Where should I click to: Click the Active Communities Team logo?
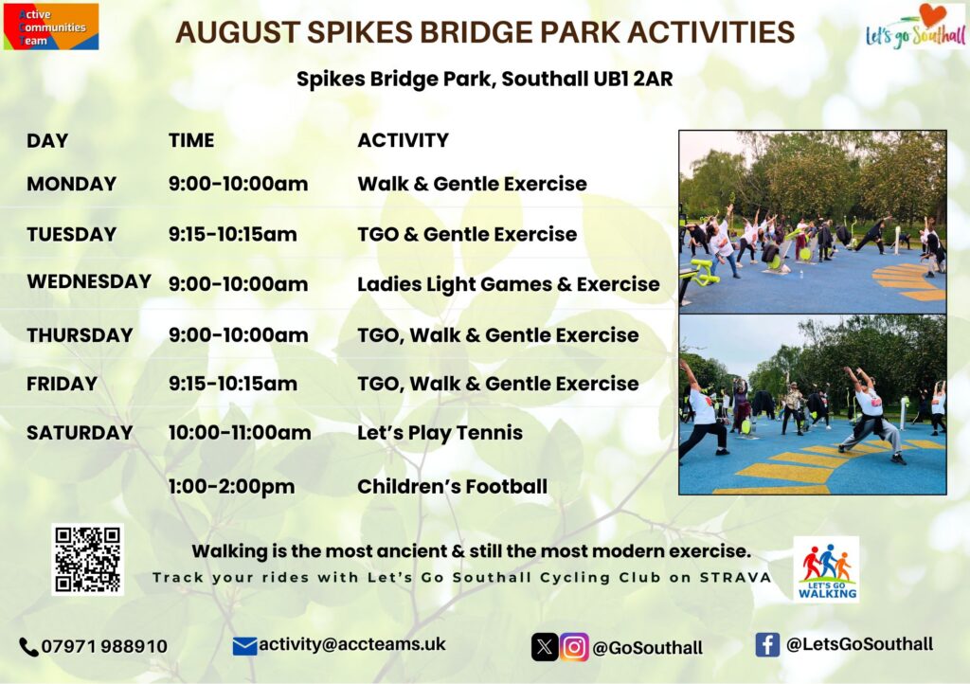click(x=51, y=27)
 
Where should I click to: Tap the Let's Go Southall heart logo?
click(x=916, y=27)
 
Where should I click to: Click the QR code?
click(x=87, y=560)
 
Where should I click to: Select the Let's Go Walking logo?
click(x=826, y=569)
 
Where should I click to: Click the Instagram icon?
click(x=574, y=647)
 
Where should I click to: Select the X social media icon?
click(x=545, y=647)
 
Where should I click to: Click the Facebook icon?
click(x=767, y=645)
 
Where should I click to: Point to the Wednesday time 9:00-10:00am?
click(x=238, y=284)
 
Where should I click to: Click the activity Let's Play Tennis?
click(x=440, y=433)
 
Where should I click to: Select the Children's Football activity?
click(x=452, y=487)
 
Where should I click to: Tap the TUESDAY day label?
click(x=72, y=234)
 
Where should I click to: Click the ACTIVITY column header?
click(x=404, y=140)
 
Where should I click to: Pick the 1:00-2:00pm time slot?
click(x=231, y=487)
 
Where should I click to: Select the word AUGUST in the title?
click(x=238, y=32)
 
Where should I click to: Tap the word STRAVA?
click(x=735, y=578)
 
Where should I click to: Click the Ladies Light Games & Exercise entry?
click(x=509, y=284)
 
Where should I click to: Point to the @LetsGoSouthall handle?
click(x=859, y=644)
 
